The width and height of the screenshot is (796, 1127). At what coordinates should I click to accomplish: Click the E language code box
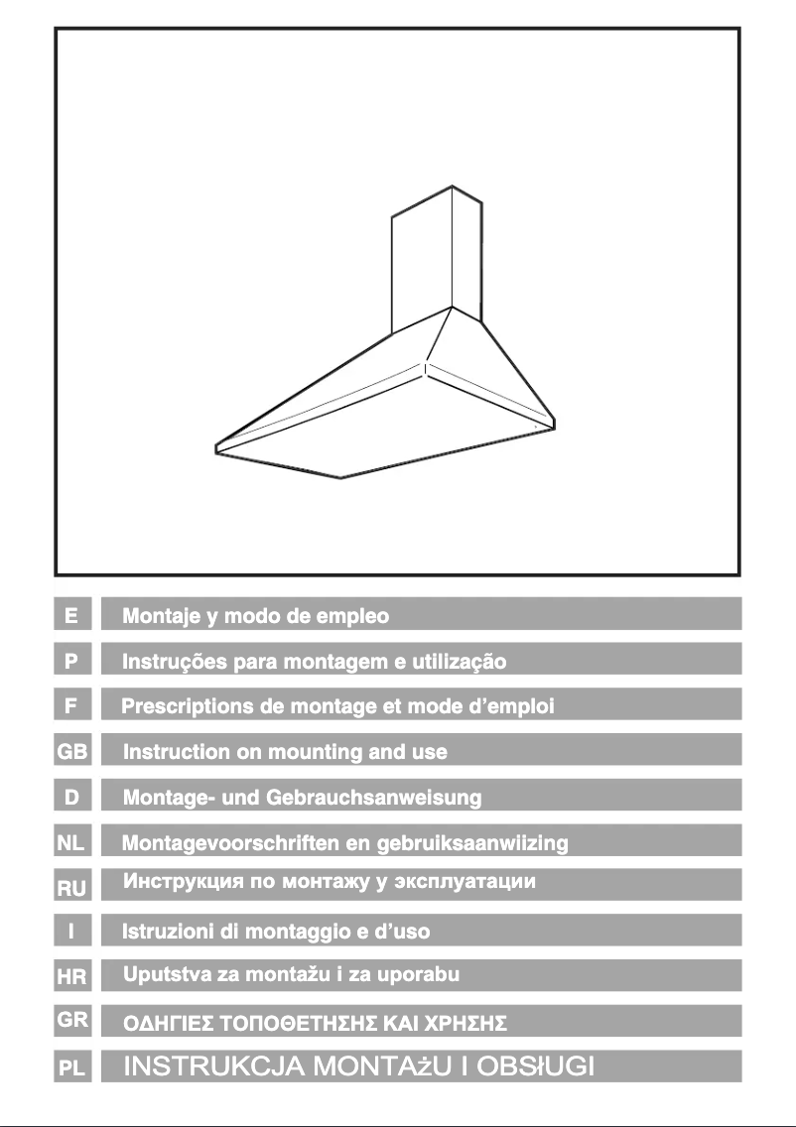[x=72, y=614]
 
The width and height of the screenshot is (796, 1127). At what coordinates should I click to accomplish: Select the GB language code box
[x=72, y=751]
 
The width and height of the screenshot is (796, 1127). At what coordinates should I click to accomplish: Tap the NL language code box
[x=72, y=842]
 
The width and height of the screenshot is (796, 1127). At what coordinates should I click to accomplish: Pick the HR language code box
[x=72, y=977]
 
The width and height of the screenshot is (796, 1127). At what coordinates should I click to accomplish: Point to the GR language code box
[x=72, y=1020]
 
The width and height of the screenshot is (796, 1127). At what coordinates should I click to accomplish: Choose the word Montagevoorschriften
[x=225, y=843]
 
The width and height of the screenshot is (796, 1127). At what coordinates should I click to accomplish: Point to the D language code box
[x=72, y=797]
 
